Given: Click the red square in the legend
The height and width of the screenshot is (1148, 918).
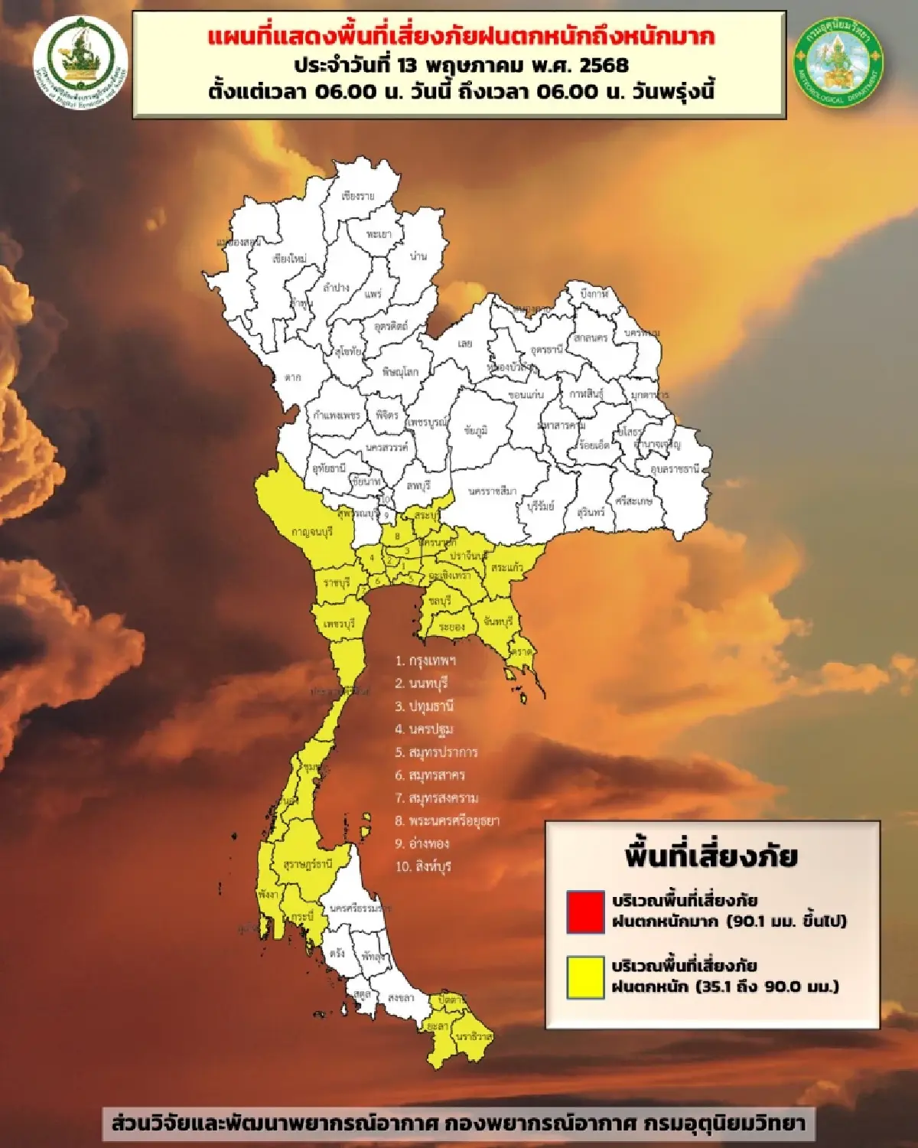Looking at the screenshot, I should (x=585, y=911).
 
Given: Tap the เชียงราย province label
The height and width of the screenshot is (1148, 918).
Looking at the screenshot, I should (x=358, y=197).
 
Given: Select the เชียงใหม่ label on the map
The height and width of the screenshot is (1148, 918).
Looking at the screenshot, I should (x=289, y=259).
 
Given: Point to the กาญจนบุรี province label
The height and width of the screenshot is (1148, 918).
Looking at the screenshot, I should (x=311, y=531).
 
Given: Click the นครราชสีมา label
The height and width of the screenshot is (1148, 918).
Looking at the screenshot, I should (x=492, y=491).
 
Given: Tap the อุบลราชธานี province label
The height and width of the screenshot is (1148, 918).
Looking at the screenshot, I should (x=675, y=468).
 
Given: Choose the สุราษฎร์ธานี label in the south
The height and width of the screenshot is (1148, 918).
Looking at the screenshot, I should (x=308, y=864).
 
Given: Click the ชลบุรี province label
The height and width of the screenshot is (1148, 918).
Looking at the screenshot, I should (x=439, y=602).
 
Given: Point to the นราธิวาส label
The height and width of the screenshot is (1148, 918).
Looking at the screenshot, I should (x=474, y=1036).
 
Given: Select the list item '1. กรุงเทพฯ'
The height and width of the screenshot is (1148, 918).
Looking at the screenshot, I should (x=425, y=660).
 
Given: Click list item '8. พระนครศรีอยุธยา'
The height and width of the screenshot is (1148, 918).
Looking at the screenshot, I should (x=447, y=820).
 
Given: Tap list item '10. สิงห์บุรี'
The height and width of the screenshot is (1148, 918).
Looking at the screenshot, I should (x=424, y=866).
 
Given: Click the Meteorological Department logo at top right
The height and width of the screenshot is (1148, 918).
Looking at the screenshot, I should (x=838, y=61).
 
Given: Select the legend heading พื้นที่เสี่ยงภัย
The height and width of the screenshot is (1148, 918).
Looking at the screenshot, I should (x=711, y=856).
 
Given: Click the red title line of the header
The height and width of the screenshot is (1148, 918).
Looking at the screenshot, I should (x=461, y=36).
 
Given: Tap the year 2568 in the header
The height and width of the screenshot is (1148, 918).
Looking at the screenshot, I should (x=604, y=64).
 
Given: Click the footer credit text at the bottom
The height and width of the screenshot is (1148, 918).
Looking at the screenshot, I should (x=458, y=1124).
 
